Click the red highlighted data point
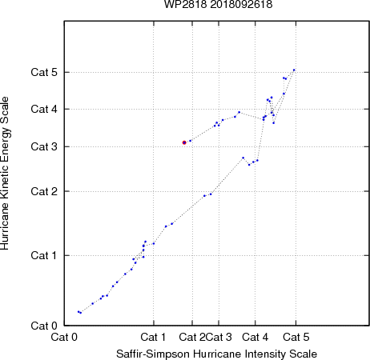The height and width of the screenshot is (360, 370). (184, 142)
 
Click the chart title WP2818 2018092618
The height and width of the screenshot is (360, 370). (218, 5)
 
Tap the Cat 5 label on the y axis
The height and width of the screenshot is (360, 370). (44, 72)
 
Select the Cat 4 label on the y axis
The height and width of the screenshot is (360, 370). (44, 109)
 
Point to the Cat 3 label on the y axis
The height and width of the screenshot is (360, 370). (44, 146)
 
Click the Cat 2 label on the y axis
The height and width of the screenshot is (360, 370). (44, 191)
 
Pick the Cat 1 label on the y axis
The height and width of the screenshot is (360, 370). (44, 255)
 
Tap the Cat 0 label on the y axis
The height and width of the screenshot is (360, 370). (44, 326)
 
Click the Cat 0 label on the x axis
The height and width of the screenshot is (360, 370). (64, 337)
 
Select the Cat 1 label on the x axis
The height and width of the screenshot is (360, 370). (153, 337)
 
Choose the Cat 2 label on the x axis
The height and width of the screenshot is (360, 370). (192, 337)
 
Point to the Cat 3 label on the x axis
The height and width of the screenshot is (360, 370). (219, 337)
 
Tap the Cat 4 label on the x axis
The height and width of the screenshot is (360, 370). (255, 337)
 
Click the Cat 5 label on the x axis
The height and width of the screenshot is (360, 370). (296, 337)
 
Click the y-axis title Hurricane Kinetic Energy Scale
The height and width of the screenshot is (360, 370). (5, 174)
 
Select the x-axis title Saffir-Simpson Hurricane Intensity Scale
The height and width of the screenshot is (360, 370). (216, 354)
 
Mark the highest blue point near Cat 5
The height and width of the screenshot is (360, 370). (294, 70)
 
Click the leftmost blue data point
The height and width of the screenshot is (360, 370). (78, 311)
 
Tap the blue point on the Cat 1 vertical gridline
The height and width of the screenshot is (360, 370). (154, 243)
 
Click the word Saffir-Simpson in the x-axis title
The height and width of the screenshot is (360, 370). (153, 354)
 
